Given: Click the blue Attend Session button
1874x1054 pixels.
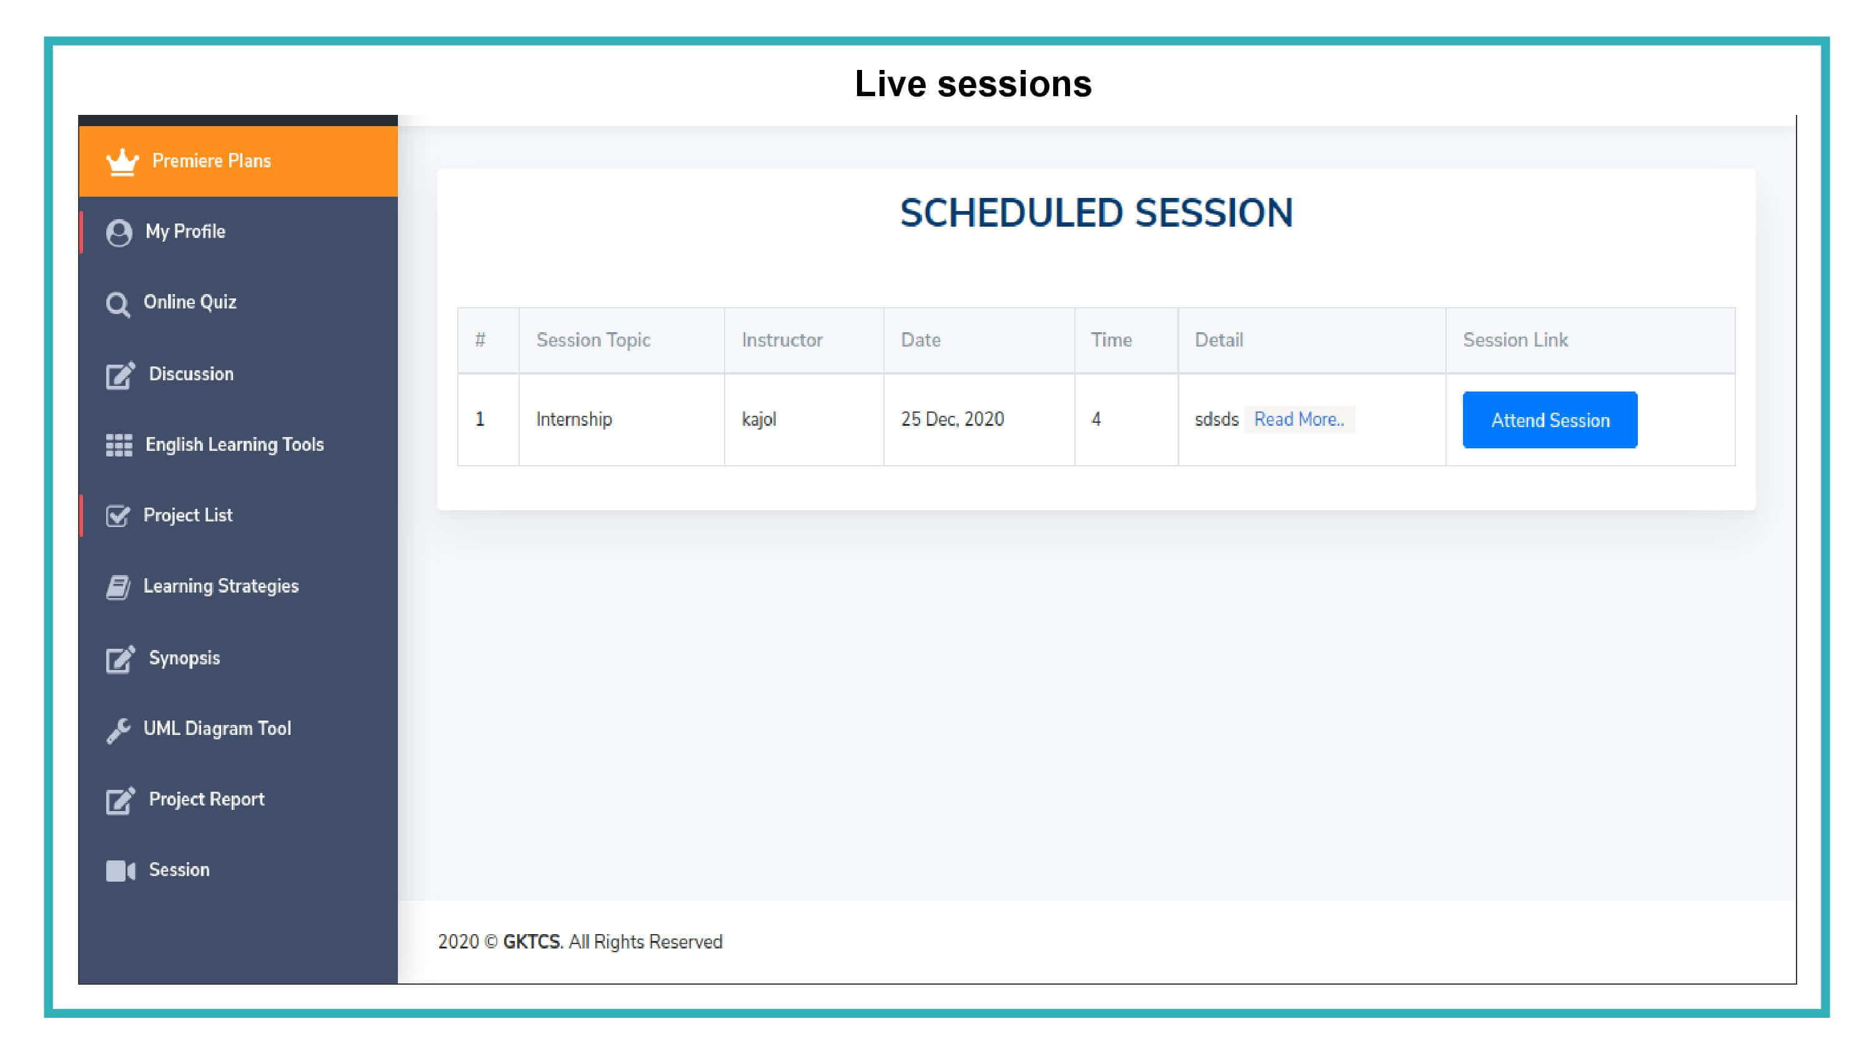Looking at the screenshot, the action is pos(1550,420).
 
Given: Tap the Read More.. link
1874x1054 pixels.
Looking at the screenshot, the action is pos(1299,419).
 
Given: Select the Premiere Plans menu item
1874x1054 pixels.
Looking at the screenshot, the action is pos(211,160).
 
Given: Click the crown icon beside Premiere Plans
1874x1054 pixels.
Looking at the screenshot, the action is pos(122,162).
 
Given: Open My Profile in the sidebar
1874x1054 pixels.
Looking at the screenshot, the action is pos(185,231).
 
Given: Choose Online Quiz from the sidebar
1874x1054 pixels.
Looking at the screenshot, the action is pos(190,302).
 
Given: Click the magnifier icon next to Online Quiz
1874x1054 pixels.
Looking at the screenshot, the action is pos(118,304).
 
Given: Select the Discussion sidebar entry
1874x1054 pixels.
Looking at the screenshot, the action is pos(191,374).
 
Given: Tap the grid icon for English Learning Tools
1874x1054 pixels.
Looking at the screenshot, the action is pos(119,445).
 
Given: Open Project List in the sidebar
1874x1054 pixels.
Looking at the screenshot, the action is pos(187,515).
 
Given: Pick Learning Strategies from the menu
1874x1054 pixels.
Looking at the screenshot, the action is pos(221,586).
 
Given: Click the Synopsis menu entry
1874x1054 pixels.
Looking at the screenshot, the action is pos(184,658).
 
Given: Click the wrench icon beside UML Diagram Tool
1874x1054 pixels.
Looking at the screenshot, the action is pos(119,729).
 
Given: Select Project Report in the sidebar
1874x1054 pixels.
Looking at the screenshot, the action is pos(207,799).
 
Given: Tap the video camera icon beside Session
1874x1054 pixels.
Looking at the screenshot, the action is pos(120,870).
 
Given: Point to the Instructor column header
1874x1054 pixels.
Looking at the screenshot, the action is pos(782,340).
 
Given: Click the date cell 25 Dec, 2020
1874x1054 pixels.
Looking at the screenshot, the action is pos(952,419).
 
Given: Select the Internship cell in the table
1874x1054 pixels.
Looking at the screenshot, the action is pos(574,420).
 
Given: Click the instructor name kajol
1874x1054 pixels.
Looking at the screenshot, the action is pos(759,419).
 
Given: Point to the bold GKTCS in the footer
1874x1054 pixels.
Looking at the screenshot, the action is pos(531,942).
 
